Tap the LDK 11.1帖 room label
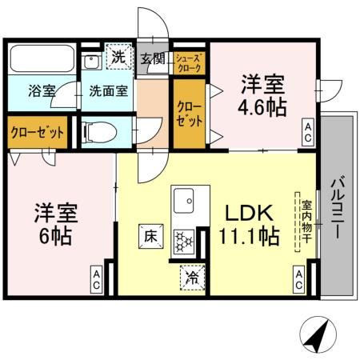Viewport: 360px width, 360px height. click(250, 225)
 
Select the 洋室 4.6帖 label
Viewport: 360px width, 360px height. click(262, 95)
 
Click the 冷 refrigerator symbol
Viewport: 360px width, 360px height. click(192, 276)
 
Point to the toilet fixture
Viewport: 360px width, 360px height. click(100, 131)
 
